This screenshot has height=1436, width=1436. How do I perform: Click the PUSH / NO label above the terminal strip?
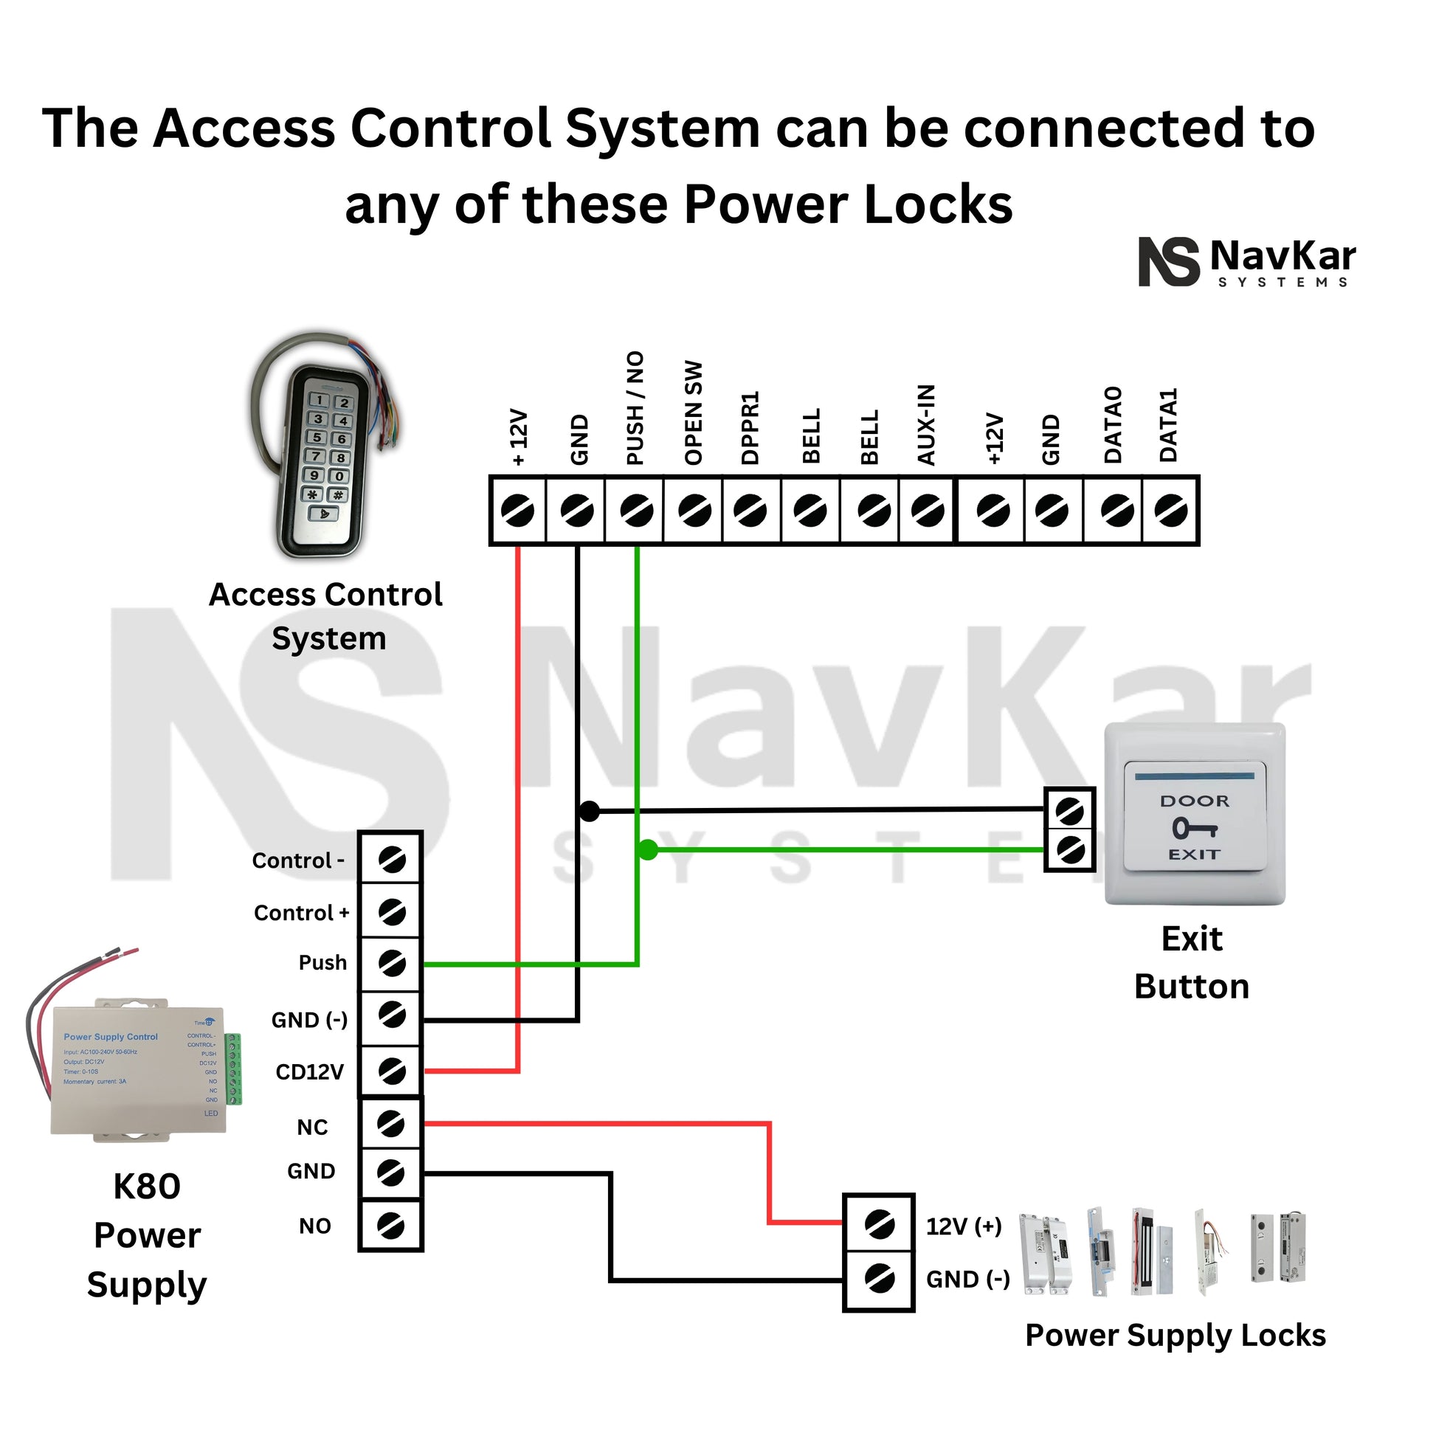click(635, 408)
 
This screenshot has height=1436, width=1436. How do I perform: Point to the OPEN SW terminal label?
click(694, 413)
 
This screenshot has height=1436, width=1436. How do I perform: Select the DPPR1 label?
click(750, 427)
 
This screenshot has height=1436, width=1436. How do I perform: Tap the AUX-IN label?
click(926, 424)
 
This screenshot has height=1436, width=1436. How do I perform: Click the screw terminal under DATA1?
click(1170, 511)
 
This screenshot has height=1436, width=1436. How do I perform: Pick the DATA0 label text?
click(1113, 424)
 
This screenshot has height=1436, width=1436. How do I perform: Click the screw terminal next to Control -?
click(391, 860)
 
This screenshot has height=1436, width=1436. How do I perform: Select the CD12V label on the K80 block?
click(309, 1071)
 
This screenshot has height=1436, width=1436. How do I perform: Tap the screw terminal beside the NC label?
click(391, 1124)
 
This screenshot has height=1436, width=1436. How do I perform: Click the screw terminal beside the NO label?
click(391, 1226)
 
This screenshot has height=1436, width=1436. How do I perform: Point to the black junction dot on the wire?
click(589, 811)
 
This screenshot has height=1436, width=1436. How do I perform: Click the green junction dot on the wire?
click(648, 849)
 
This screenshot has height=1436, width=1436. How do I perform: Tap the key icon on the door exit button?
click(1195, 827)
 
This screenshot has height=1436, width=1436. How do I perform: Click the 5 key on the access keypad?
click(317, 437)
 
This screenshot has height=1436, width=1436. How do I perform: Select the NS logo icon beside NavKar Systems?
click(1168, 262)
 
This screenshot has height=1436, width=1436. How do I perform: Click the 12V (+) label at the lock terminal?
click(964, 1226)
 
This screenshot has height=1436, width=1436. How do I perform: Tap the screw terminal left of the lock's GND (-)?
click(880, 1279)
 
